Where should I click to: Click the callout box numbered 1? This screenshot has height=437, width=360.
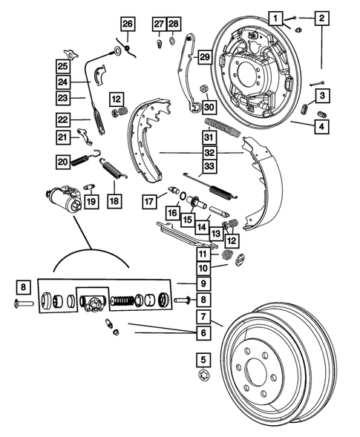pyautogui.click(x=275, y=17)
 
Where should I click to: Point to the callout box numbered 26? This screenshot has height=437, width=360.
pyautogui.click(x=128, y=25)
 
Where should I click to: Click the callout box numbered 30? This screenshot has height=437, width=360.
pyautogui.click(x=208, y=105)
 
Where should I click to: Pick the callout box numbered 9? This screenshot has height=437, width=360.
pyautogui.click(x=202, y=283)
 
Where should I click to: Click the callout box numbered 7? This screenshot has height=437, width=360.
pyautogui.click(x=201, y=317)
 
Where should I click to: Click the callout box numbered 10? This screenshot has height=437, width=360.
pyautogui.click(x=202, y=268)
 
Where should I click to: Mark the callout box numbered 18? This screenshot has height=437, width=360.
pyautogui.click(x=114, y=201)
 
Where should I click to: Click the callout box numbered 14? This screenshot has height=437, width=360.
pyautogui.click(x=202, y=226)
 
